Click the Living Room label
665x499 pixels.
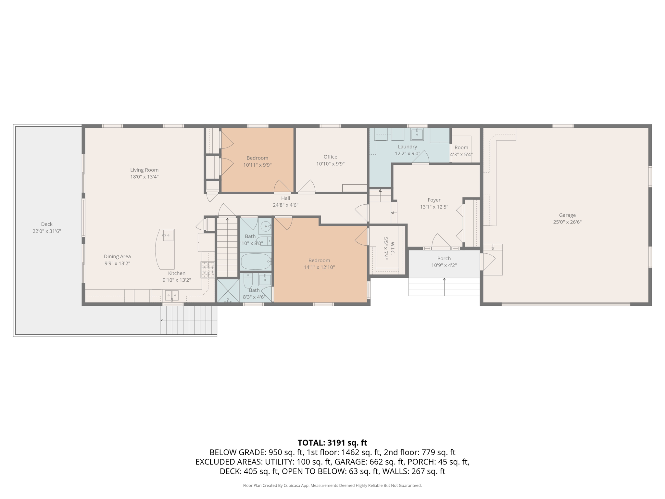coord(144,170)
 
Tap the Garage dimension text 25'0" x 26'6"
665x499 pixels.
coord(567,222)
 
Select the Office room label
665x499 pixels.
coord(330,157)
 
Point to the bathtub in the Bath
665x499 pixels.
coord(256,262)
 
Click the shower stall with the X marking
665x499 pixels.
coord(228,290)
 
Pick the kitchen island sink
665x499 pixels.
coord(168,235)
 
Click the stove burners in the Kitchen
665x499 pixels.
coord(208,270)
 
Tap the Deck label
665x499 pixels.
coord(47,224)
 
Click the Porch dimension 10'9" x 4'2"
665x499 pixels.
coord(444,265)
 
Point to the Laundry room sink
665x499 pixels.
coord(417,134)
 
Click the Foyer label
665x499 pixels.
coord(434,200)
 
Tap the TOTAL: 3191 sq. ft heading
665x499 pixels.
coord(332,443)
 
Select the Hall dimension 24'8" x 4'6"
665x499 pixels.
coord(285,205)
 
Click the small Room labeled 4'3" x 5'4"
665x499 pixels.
coord(461,147)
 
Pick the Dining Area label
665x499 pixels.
coord(117,257)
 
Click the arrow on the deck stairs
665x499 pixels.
coord(162,320)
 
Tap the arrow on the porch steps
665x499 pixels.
coord(444,279)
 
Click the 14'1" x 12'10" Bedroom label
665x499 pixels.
coord(319,261)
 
